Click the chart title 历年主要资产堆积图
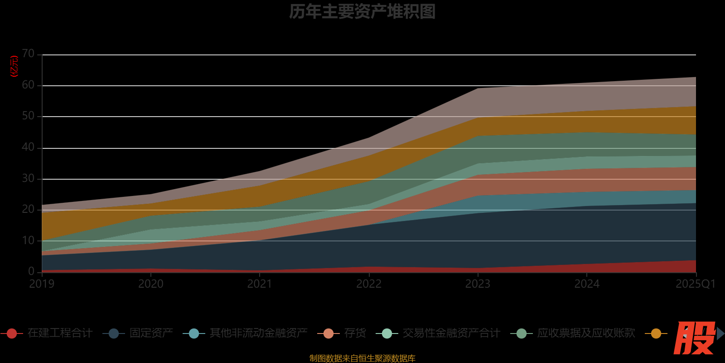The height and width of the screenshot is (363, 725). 362,12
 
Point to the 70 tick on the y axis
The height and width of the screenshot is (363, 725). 28,54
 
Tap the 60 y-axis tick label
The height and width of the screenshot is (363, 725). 28,85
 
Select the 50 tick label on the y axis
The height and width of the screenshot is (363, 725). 28,116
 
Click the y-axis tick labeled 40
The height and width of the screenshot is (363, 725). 28,147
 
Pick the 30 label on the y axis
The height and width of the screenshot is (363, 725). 28,178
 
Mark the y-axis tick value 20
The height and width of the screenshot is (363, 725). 28,209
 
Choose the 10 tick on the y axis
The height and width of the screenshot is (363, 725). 28,240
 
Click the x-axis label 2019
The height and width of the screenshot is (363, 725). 42,284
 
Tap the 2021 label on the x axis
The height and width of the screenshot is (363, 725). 260,284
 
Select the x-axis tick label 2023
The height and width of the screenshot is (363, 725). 478,284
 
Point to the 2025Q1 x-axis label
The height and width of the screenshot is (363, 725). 696,284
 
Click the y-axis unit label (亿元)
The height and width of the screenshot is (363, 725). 14,66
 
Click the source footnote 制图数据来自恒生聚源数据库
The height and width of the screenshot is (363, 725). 362,358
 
